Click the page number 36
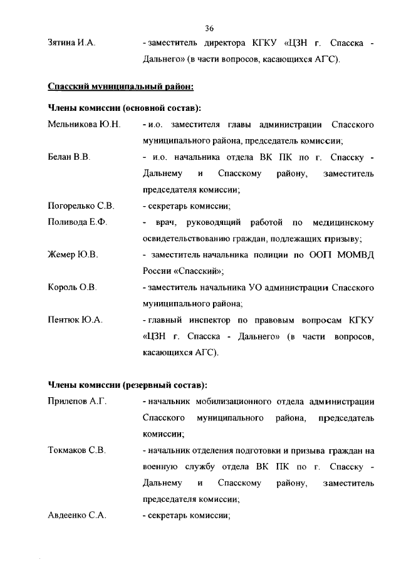[209, 28]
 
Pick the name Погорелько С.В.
[81, 206]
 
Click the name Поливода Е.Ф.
[78, 222]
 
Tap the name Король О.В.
[72, 288]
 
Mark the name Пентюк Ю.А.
[75, 320]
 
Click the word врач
[165, 222]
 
